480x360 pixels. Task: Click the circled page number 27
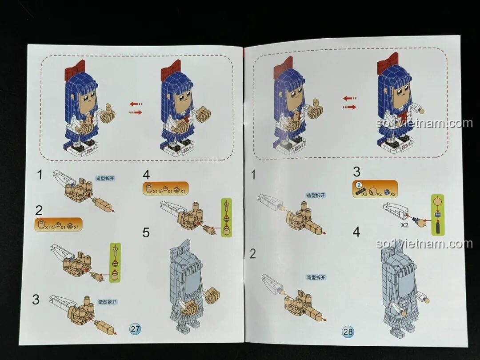pos(135,329)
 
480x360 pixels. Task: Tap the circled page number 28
pos(348,331)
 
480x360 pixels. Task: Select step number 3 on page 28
pos(356,172)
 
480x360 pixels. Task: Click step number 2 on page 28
pos(253,254)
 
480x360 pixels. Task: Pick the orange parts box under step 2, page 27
pos(58,224)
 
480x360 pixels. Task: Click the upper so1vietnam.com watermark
pos(424,123)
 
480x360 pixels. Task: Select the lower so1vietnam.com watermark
pos(424,244)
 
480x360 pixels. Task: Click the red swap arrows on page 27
pos(136,108)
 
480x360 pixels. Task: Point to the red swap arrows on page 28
pos(350,102)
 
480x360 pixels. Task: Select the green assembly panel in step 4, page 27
pos(227,218)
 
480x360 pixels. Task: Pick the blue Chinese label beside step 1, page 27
pos(105,178)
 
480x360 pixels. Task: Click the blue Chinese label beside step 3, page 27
pos(108,302)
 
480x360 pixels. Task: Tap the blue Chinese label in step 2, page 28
pos(316,277)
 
